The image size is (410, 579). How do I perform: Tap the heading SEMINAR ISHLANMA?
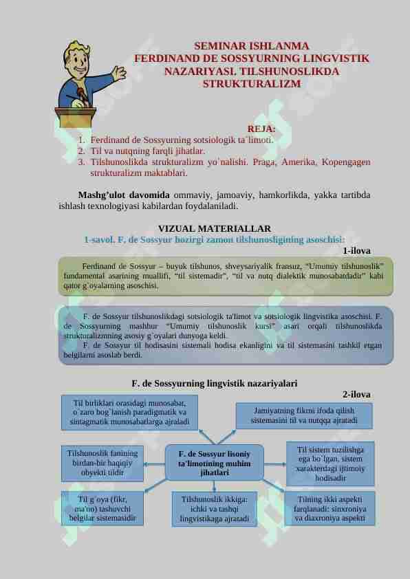(x=252, y=47)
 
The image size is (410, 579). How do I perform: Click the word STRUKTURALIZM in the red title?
(x=252, y=84)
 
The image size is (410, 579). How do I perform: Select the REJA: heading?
(x=261, y=129)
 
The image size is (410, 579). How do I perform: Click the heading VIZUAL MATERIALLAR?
(x=215, y=228)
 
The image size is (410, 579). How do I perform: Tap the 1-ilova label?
(x=356, y=251)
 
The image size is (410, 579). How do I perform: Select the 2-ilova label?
(x=356, y=394)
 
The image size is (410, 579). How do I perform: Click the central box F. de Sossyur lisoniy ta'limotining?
(x=214, y=463)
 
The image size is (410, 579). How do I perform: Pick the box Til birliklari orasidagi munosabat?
(x=129, y=411)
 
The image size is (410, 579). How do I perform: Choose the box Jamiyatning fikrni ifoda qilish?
(x=304, y=414)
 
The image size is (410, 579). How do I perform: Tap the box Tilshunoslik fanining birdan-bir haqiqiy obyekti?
(x=102, y=463)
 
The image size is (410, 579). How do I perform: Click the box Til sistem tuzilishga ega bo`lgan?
(x=330, y=463)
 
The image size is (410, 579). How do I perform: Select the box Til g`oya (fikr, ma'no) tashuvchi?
(x=102, y=507)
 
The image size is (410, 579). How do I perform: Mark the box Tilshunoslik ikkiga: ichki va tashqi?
(x=214, y=508)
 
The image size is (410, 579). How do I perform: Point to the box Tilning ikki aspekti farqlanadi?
(x=329, y=508)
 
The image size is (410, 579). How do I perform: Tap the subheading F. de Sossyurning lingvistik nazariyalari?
(x=215, y=383)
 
